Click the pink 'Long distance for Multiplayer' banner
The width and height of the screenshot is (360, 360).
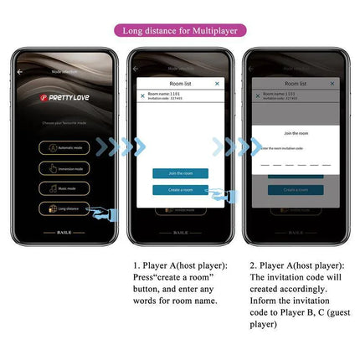pos(180,31)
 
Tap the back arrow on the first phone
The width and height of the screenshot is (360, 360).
pos(21,72)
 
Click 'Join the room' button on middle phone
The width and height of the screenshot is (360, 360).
pos(180,173)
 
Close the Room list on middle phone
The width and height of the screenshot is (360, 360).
pos(218,84)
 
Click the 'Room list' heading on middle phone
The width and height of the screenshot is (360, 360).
pos(180,84)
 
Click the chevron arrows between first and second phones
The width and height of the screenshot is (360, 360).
pos(120,147)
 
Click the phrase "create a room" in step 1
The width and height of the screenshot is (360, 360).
pos(183,276)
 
